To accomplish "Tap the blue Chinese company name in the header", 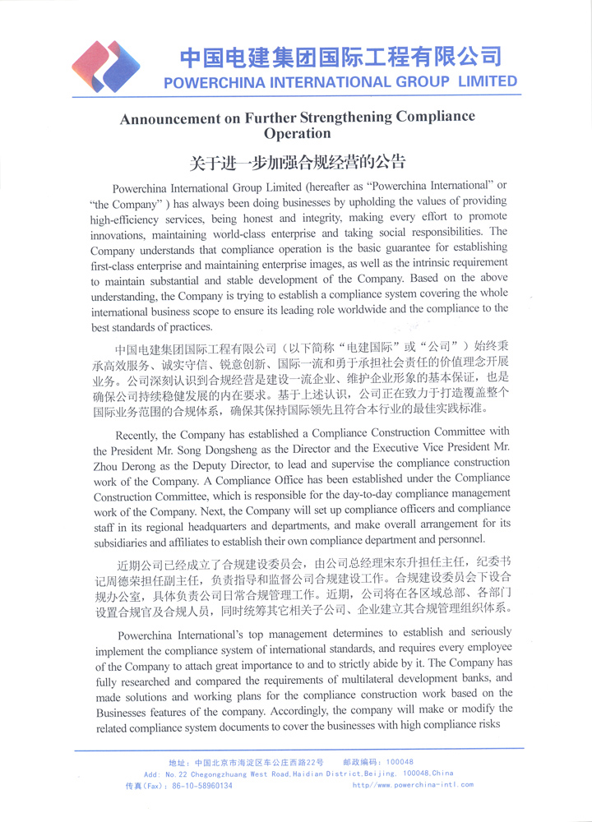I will pyautogui.click(x=340, y=57).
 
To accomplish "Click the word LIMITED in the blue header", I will pyautogui.click(x=488, y=81).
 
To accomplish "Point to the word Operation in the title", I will pyautogui.click(x=297, y=133).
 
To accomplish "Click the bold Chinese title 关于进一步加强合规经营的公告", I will pyautogui.click(x=297, y=162).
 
